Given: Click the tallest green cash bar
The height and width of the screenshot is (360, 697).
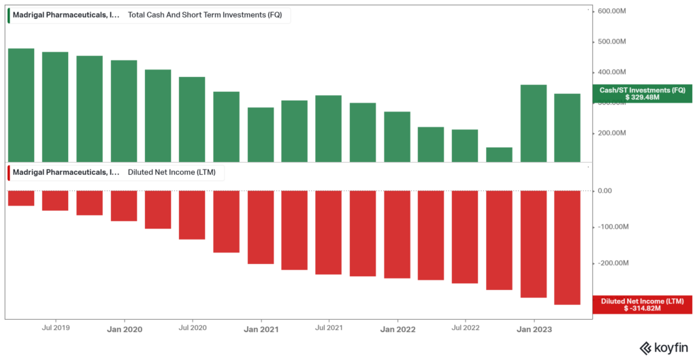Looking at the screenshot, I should click(21, 105).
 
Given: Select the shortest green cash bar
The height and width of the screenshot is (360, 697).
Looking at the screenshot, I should click(499, 154).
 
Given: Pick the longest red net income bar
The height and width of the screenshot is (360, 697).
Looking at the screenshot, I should click(567, 248).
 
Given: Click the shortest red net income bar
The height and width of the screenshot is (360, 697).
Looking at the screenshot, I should click(21, 198).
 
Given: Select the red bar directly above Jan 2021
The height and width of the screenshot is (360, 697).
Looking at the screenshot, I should click(260, 227).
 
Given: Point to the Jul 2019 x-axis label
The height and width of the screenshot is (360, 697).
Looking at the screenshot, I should click(56, 328).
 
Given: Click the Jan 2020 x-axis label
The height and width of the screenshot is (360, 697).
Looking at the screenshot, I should click(124, 329).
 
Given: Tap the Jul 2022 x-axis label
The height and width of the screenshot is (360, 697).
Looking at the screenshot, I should click(465, 328).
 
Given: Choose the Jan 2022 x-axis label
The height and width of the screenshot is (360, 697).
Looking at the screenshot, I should click(397, 329).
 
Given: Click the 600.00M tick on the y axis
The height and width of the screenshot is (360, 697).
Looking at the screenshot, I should click(612, 12).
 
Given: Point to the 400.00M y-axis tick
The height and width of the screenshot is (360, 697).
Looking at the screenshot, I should click(612, 72).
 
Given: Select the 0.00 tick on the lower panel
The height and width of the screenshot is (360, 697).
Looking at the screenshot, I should click(604, 191).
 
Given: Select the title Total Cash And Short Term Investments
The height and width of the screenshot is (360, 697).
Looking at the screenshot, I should click(205, 14).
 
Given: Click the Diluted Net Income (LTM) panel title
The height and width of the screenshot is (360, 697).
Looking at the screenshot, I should click(172, 172).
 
